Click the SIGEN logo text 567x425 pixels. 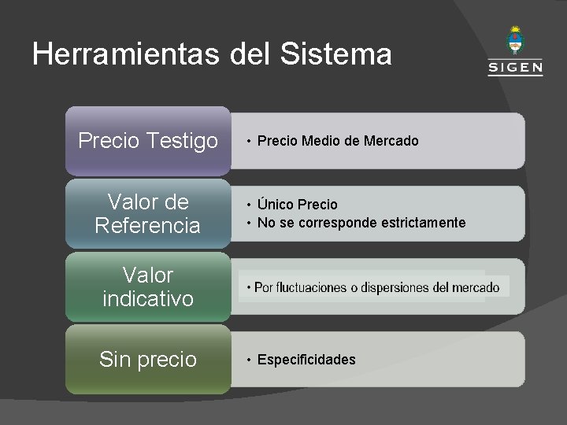[x=515, y=68]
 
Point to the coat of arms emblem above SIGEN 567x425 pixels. [x=515, y=40]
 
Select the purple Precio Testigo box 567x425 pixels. [x=148, y=141]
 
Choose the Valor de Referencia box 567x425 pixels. [x=148, y=214]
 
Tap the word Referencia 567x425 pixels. [x=148, y=226]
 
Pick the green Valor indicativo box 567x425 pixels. [x=148, y=286]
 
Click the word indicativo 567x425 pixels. [x=148, y=298]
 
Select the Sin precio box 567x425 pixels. [x=148, y=360]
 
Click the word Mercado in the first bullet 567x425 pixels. [x=391, y=141]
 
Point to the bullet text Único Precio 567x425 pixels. [x=297, y=205]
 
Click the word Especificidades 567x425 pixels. [x=306, y=360]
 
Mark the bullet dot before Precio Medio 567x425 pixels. [x=247, y=142]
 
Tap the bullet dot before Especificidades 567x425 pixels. [x=247, y=360]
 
